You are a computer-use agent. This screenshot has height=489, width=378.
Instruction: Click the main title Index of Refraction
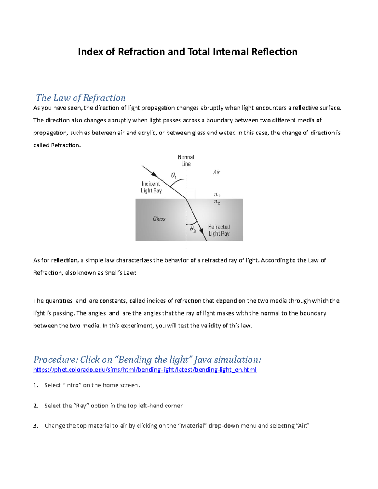(187, 52)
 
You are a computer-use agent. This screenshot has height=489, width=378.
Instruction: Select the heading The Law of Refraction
(81, 98)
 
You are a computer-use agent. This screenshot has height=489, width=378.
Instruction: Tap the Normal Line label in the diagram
(186, 160)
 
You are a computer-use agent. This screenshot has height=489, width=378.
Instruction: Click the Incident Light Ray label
(151, 187)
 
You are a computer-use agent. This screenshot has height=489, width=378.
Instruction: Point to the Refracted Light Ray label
(219, 230)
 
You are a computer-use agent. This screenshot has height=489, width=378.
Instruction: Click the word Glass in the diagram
(159, 219)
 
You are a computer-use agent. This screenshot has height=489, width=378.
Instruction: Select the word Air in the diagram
(216, 172)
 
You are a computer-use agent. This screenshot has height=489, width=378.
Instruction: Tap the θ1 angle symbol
(174, 175)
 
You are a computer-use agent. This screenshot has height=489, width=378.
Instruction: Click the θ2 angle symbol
(193, 229)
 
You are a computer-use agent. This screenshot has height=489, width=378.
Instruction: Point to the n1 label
(217, 195)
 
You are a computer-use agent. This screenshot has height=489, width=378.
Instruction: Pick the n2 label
(217, 202)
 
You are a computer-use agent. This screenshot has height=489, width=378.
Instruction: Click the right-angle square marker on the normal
(191, 194)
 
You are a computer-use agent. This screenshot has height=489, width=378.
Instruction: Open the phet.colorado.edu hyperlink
(145, 370)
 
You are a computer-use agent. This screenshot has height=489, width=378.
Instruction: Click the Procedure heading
(147, 360)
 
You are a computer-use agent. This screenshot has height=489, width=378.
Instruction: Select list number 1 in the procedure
(36, 385)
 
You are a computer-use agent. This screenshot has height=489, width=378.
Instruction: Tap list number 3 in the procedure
(36, 426)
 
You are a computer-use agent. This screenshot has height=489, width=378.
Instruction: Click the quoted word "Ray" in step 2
(81, 406)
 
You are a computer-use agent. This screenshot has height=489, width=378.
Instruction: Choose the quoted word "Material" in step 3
(192, 426)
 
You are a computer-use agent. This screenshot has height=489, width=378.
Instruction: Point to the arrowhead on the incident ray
(154, 174)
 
